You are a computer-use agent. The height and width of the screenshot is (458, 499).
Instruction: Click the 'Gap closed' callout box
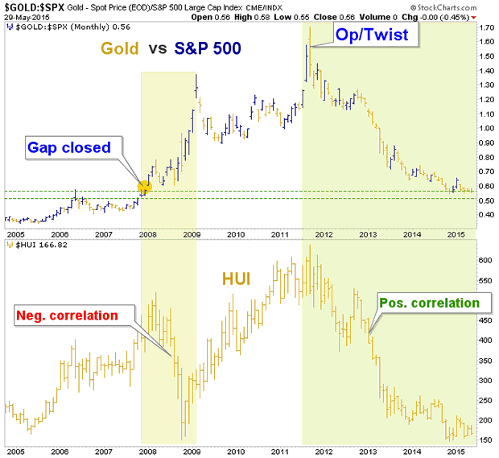click(73, 147)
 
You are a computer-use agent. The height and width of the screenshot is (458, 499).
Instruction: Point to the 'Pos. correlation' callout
click(435, 303)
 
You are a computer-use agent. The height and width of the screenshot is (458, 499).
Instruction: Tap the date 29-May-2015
click(23, 16)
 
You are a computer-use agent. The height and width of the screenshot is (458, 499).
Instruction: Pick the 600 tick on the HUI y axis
click(485, 261)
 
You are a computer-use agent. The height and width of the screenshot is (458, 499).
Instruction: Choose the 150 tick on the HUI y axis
click(485, 439)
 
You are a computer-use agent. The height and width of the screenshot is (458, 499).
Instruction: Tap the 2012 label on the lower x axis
click(323, 452)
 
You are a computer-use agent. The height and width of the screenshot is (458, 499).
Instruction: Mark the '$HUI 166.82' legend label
click(35, 244)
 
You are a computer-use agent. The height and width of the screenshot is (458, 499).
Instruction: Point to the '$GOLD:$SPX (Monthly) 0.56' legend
click(60, 26)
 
